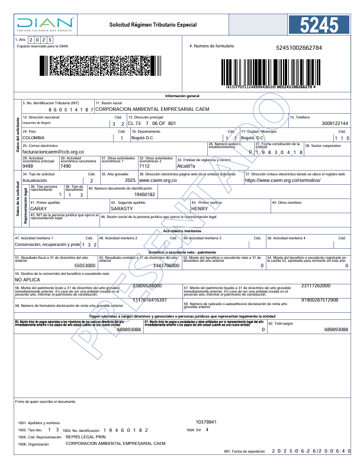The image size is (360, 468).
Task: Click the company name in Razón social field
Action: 152,110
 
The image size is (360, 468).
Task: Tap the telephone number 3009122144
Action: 335,123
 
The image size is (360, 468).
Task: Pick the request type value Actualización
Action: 35,180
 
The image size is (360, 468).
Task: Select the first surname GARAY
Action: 38,209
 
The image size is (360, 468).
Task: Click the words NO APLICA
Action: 27,279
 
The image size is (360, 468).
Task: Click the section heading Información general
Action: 182,95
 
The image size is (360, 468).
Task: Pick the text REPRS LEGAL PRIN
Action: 84,437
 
